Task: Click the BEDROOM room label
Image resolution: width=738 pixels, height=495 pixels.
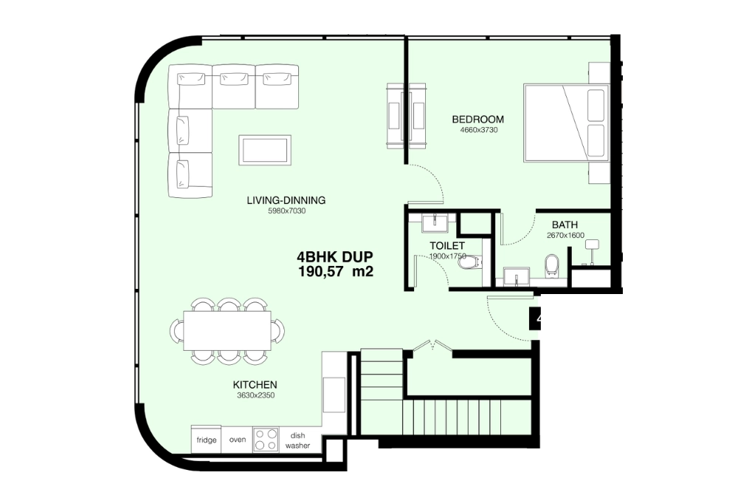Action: pyautogui.click(x=477, y=119)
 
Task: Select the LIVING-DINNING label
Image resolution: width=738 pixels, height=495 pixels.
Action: pyautogui.click(x=286, y=200)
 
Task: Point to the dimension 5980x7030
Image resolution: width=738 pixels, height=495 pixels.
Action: pyautogui.click(x=286, y=211)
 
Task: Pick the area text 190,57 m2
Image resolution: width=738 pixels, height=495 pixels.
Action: pyautogui.click(x=335, y=272)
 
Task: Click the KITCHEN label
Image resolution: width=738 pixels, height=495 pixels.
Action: pyautogui.click(x=255, y=385)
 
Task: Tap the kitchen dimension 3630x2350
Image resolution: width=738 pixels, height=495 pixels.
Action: pyautogui.click(x=255, y=396)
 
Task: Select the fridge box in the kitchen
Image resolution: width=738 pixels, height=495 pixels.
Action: pyautogui.click(x=207, y=440)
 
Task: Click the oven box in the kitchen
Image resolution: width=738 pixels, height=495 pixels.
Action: pyautogui.click(x=238, y=440)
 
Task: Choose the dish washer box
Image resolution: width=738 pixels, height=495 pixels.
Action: pyautogui.click(x=297, y=440)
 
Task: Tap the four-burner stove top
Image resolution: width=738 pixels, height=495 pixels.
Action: pyautogui.click(x=265, y=440)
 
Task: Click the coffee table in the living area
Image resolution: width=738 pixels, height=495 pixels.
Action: pyautogui.click(x=264, y=150)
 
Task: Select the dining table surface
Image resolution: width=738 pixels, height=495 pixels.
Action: pyautogui.click(x=227, y=330)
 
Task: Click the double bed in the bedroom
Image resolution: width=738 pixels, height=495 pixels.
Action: pyautogui.click(x=566, y=123)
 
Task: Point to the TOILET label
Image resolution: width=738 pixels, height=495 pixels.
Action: pyautogui.click(x=447, y=245)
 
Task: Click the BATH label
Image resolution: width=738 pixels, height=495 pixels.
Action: pyautogui.click(x=565, y=225)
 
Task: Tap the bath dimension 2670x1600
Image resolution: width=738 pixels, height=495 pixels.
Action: pyautogui.click(x=565, y=236)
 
